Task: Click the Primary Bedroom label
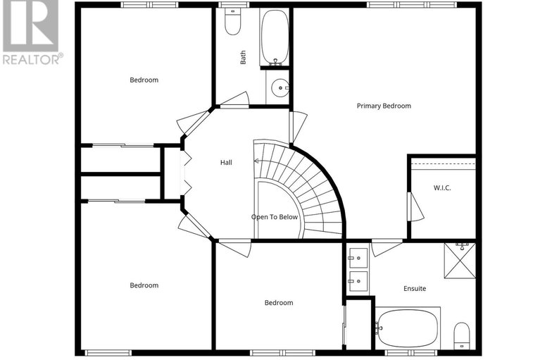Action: point(384,106)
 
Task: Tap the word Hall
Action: point(226,162)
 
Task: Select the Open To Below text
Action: point(275,217)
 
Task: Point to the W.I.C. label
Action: point(441,187)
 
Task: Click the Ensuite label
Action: point(415,288)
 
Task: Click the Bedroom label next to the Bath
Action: point(144,80)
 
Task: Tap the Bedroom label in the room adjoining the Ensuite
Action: point(279,303)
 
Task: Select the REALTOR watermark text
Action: point(32,58)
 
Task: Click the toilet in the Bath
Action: point(232,23)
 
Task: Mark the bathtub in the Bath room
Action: point(275,37)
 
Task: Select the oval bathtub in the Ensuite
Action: point(407,328)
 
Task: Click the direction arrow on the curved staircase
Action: point(257,161)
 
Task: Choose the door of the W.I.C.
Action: point(415,206)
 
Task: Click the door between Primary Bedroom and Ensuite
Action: point(387,247)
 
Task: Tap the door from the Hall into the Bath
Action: point(235,99)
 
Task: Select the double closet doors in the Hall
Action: point(185,173)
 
